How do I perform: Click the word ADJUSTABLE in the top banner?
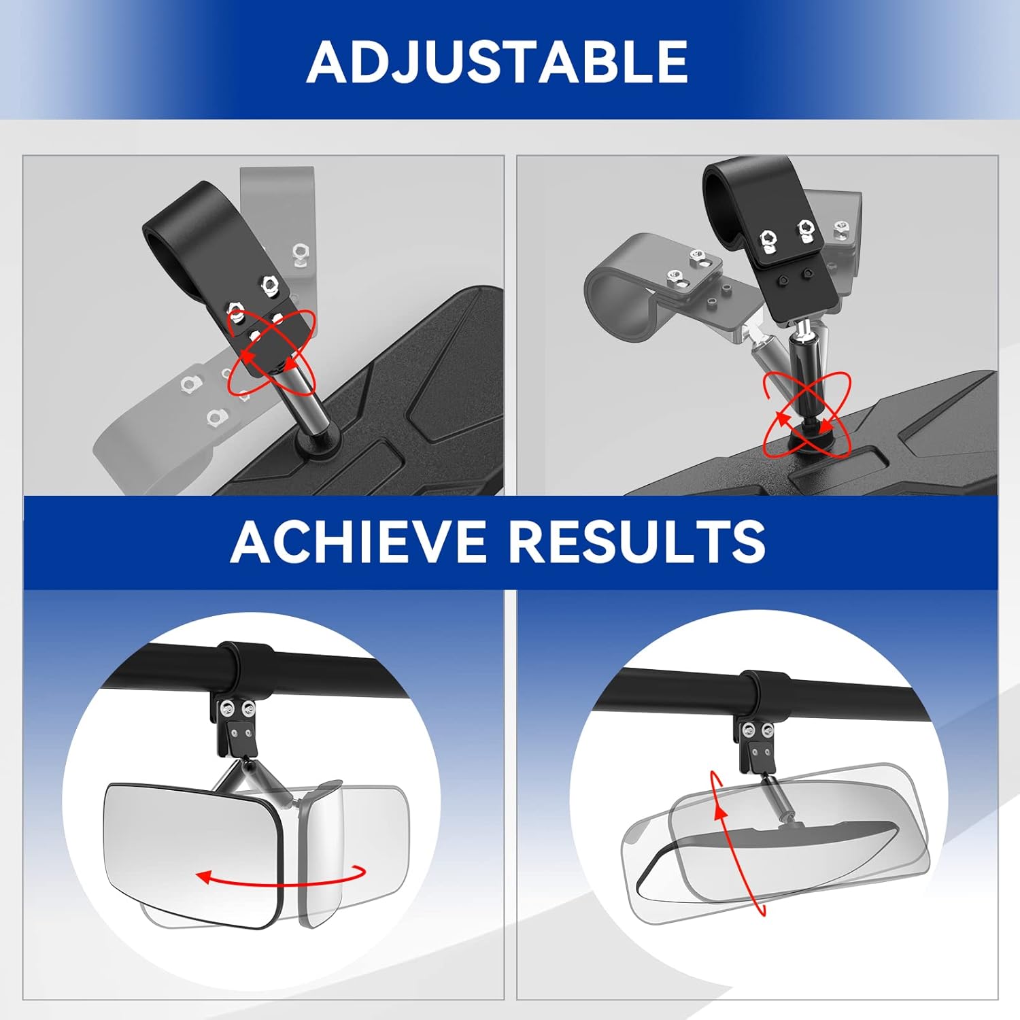[497, 61]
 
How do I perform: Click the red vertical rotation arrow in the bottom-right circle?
[738, 843]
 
